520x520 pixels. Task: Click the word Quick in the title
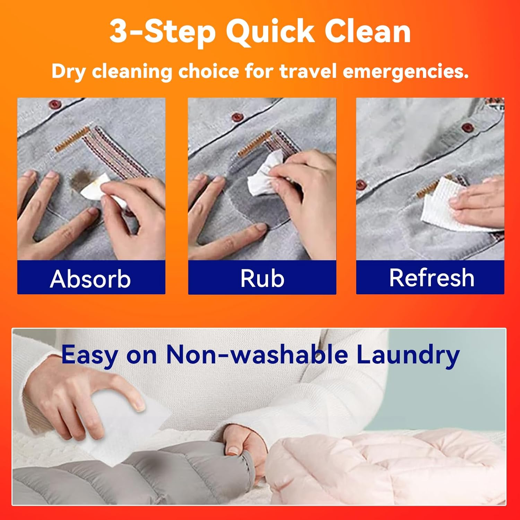pos(271,32)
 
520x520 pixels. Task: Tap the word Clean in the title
pos(367,32)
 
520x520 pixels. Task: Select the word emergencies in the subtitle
pos(406,72)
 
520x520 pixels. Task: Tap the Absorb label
pos(90,279)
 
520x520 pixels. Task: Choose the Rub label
pos(262,278)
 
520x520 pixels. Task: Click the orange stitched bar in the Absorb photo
pos(72,139)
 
